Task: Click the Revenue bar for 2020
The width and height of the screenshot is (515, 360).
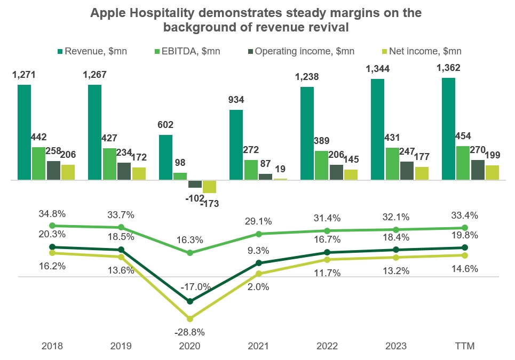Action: pos(165,157)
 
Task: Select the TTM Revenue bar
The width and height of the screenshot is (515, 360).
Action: pos(448,129)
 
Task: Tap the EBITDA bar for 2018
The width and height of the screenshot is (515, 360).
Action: pos(38,163)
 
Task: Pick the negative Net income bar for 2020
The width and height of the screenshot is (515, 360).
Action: pos(209,187)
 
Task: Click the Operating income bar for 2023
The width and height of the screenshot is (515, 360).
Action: pos(407,171)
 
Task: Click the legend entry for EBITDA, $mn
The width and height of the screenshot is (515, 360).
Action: pos(191,51)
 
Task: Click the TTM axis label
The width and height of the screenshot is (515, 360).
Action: pos(465,346)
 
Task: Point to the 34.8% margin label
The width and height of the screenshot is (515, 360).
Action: pos(52,214)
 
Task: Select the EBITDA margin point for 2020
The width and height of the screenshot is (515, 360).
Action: pos(190,252)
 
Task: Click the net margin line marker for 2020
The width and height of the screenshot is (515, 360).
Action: pos(190,318)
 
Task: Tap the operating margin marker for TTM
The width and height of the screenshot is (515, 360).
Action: pos(464,247)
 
